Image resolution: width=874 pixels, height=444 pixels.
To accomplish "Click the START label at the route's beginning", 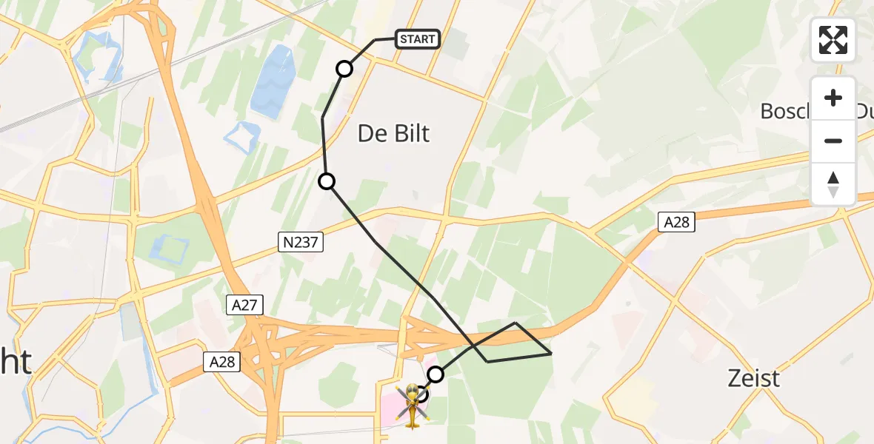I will point(418,39).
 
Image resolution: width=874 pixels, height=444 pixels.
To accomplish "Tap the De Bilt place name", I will point(393,134).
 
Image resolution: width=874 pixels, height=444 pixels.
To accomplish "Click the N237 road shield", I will point(301,241).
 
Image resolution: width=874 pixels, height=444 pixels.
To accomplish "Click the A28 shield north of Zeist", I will point(676,221).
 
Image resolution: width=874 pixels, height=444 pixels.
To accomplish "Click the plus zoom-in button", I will point(833,98).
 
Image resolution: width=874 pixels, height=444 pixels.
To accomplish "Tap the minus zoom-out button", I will point(833,141).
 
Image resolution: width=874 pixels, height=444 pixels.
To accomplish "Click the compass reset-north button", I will point(833,184).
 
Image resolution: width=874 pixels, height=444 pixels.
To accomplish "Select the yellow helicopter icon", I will point(412,404).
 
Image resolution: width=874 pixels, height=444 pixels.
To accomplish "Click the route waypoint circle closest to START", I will point(344,69).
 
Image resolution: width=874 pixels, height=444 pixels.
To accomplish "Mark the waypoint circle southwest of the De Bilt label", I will point(326,181).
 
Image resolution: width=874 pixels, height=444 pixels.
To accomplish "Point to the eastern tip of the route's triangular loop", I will point(551,354).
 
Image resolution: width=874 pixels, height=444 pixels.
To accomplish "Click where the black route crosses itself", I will point(472,345).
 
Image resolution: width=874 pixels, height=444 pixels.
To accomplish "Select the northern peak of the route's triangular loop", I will point(516,323).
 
